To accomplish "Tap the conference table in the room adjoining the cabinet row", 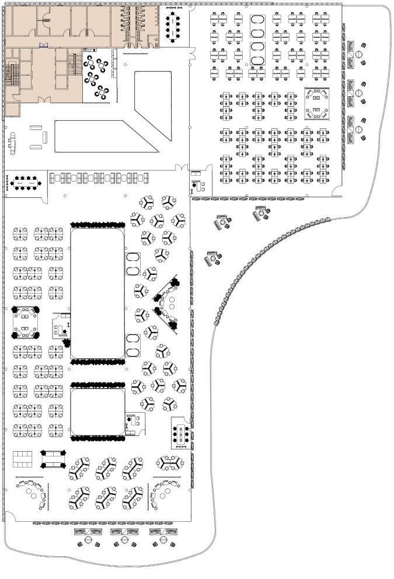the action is (x=24, y=183).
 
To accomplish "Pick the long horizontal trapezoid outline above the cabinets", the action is (x=105, y=137).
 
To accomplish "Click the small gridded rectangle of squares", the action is (x=23, y=459).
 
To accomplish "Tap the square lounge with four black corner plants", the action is (x=25, y=323).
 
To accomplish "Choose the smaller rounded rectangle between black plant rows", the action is (x=97, y=412).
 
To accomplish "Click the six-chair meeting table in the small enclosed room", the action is (x=180, y=434).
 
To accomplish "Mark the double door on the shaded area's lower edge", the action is (x=43, y=99).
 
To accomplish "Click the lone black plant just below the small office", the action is (x=66, y=343).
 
